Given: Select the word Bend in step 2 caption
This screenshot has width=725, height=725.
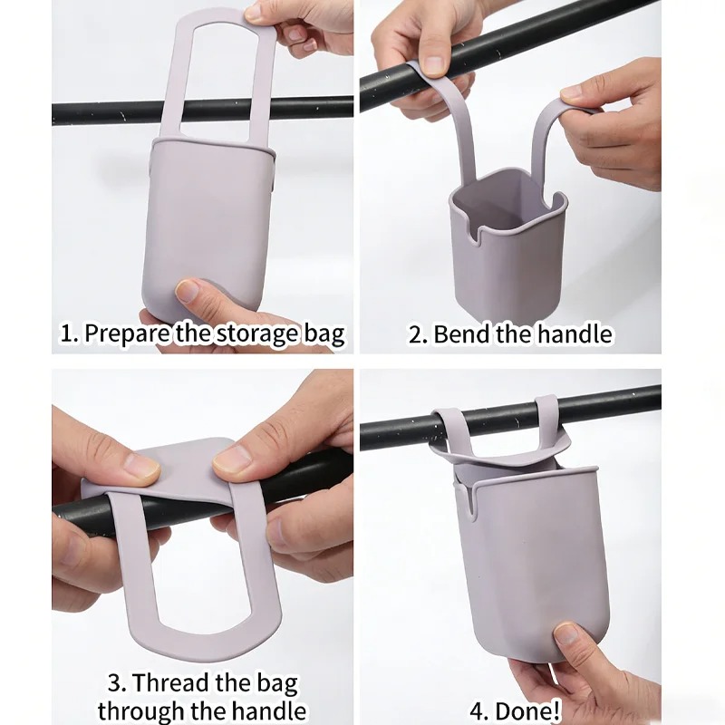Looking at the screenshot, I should [x=460, y=333].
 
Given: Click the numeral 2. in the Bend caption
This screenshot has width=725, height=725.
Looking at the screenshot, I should [x=418, y=333].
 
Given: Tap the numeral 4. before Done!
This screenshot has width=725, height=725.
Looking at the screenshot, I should [x=480, y=710].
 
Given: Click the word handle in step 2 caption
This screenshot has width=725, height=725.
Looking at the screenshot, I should [x=575, y=333].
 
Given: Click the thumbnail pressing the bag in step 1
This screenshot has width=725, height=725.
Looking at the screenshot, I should [x=188, y=291].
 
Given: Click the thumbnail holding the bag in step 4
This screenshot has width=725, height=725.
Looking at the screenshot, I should [x=565, y=633].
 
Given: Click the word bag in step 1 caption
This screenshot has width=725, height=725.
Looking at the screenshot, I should [x=324, y=333].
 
